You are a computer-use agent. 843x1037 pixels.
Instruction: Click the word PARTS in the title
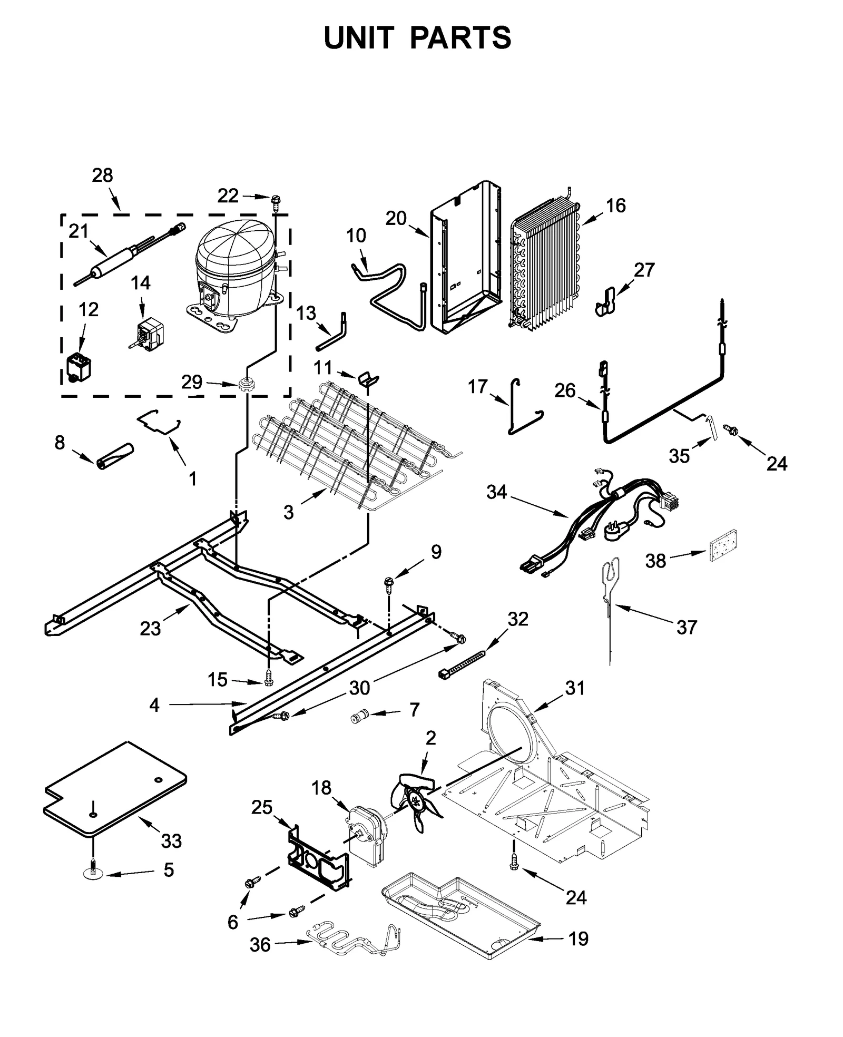pos(460,38)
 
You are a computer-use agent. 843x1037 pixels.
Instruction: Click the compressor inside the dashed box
pos(234,271)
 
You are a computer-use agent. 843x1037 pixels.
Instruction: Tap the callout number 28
pos(102,175)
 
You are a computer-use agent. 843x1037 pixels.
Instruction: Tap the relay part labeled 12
pos(78,367)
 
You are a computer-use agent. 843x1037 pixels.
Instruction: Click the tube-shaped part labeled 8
pos(115,455)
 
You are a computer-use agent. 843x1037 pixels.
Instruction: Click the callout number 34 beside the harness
pos(496,492)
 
